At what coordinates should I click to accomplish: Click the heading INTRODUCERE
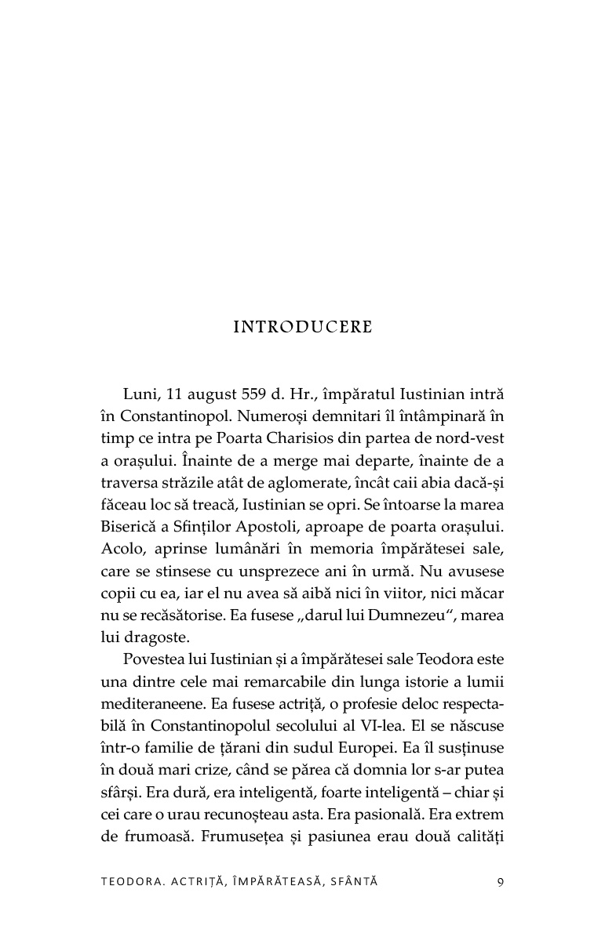coord(303,327)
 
